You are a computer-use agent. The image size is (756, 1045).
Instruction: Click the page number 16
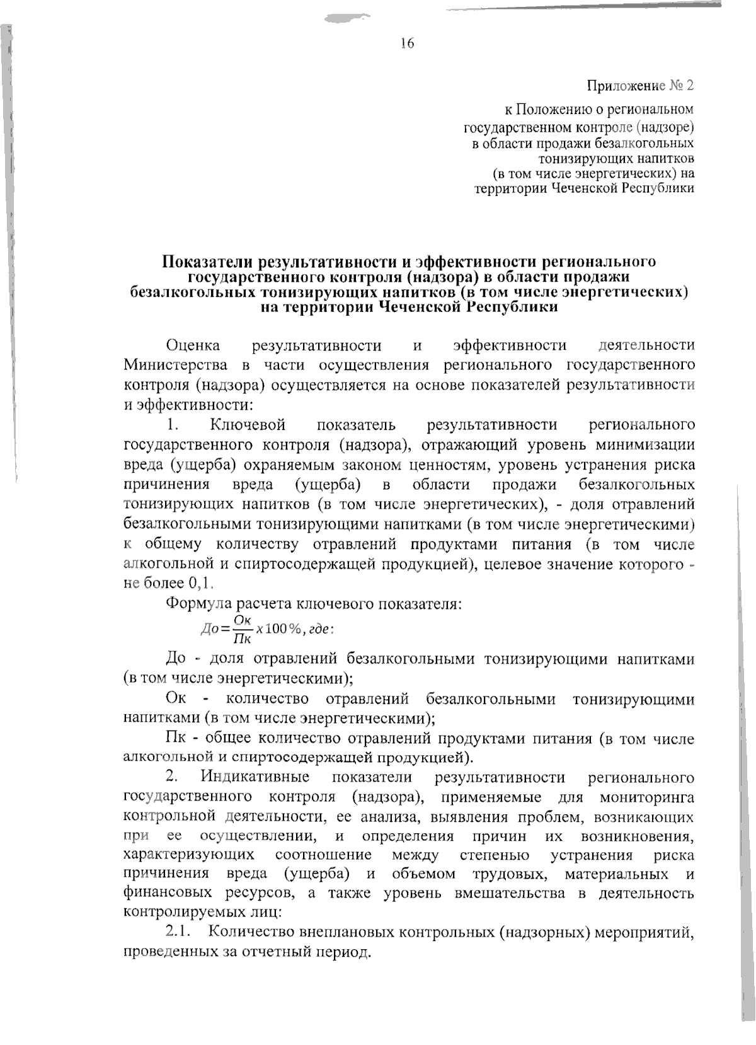406,43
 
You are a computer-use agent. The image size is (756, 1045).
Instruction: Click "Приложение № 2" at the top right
640,85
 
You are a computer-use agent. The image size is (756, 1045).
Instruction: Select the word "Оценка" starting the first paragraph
193,345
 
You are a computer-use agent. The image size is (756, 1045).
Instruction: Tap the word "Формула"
199,604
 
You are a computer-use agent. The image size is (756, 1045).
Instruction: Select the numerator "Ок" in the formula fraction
243,621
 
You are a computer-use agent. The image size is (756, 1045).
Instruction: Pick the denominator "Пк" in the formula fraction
242,638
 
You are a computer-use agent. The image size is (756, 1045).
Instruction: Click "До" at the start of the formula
209,629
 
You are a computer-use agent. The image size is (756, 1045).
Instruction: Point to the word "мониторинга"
647,797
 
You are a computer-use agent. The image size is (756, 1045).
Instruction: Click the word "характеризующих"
189,855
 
